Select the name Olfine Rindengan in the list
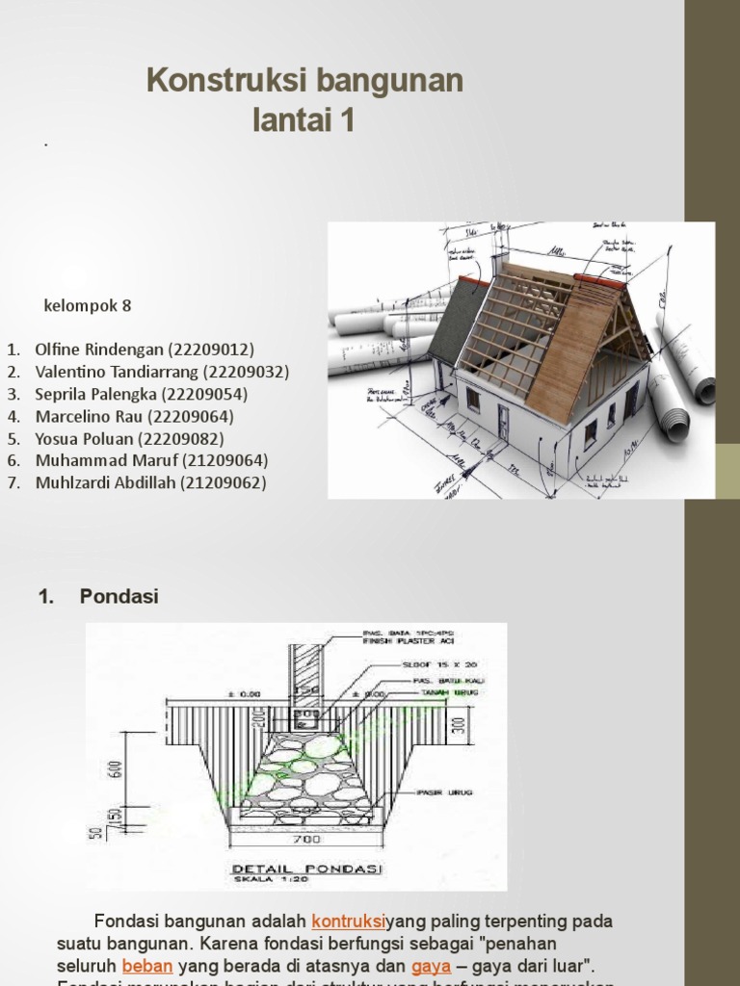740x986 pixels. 92,350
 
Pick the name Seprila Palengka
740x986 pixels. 95,394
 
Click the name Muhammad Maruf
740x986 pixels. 103,460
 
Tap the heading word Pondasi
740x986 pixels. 119,597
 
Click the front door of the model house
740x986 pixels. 503,422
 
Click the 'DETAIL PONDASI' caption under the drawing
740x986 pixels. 306,869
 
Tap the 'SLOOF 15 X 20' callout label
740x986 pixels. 420,664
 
